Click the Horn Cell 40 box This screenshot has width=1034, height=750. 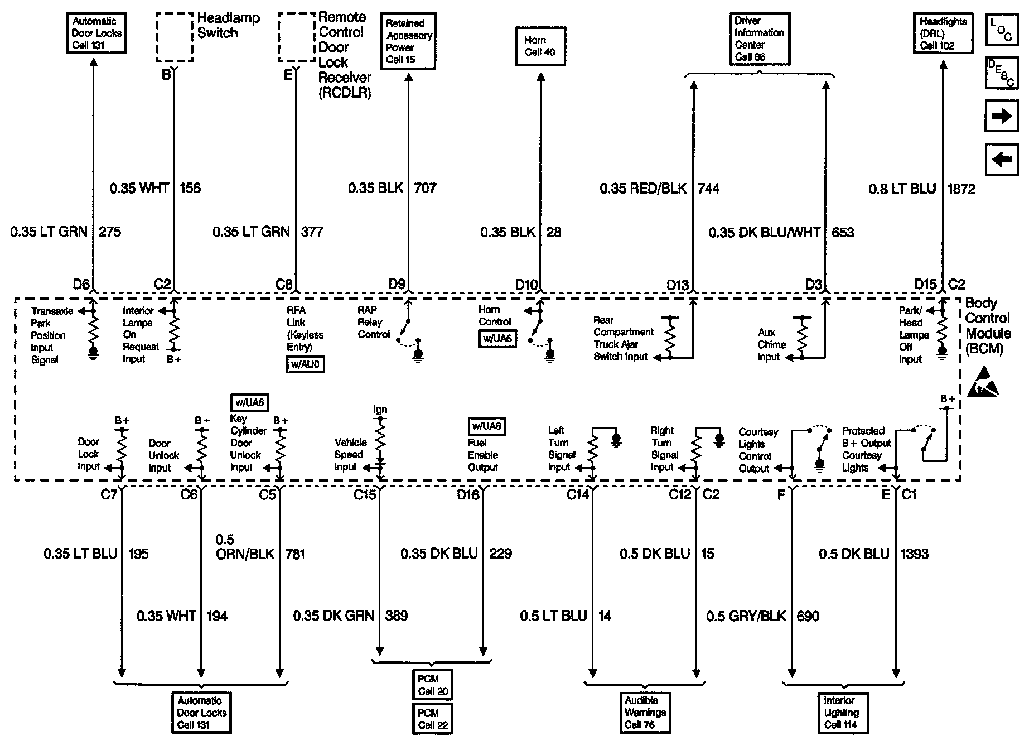pos(540,46)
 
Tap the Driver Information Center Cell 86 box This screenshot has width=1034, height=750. pos(759,39)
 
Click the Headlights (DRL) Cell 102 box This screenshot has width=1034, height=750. pos(943,33)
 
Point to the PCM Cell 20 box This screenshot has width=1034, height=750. pos(433,685)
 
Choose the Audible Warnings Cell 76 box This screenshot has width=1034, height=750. pos(645,713)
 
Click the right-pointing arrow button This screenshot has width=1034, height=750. pos(1002,116)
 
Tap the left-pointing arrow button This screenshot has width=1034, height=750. pos(1002,160)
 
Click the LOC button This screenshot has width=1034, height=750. pos(1002,30)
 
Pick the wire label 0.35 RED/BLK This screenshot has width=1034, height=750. pos(643,189)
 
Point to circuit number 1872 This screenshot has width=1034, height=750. pos(961,189)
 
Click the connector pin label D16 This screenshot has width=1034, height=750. pos(467,494)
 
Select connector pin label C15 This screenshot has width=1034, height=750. pos(365,494)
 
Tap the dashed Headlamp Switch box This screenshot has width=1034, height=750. pos(175,37)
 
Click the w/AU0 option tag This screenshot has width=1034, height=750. pos(305,365)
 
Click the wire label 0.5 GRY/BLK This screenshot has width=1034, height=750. pos(746,616)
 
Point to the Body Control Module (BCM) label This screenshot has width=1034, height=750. pos(987,326)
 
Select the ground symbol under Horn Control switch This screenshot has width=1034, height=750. pos(550,355)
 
